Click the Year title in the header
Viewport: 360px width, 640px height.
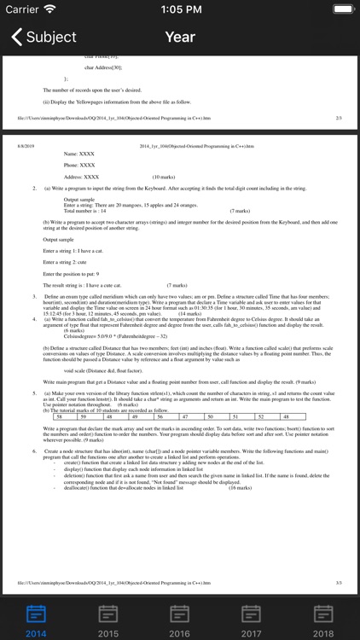click(x=180, y=37)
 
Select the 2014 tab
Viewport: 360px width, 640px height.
click(x=36, y=620)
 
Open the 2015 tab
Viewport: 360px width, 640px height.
click(x=108, y=620)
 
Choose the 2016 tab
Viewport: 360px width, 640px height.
click(x=180, y=620)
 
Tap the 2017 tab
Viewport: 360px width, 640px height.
click(x=252, y=620)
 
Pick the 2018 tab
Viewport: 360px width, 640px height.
click(x=323, y=620)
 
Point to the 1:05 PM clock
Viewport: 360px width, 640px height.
click(x=180, y=9)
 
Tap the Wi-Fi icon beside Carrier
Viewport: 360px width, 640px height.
click(x=49, y=9)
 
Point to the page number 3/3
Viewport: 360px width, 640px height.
click(x=339, y=582)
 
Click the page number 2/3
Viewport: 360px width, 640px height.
click(x=339, y=117)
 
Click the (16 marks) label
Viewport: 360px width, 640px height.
click(x=241, y=488)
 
